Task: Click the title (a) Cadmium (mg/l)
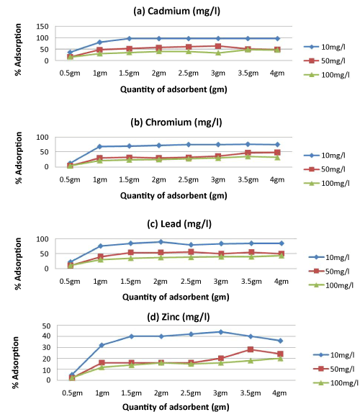point(176,11)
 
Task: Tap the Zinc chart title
point(179,317)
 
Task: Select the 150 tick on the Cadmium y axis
point(42,26)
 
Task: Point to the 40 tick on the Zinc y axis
point(46,336)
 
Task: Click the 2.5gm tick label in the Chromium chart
point(188,180)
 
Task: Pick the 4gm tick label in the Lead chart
point(282,282)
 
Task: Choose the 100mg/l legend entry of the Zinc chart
point(336,383)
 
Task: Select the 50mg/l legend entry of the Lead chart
point(329,271)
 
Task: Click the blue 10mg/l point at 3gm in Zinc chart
point(221,332)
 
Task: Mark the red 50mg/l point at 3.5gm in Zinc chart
point(251,349)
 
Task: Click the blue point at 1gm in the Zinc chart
point(102,345)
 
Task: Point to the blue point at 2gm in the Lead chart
point(161,242)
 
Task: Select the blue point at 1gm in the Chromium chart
point(99,146)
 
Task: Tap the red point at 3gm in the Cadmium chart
point(218,47)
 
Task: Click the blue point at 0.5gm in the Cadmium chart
point(70,52)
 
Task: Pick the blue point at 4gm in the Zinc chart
point(280,341)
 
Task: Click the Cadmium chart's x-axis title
point(174,89)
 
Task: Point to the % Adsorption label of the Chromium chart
point(19,158)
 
